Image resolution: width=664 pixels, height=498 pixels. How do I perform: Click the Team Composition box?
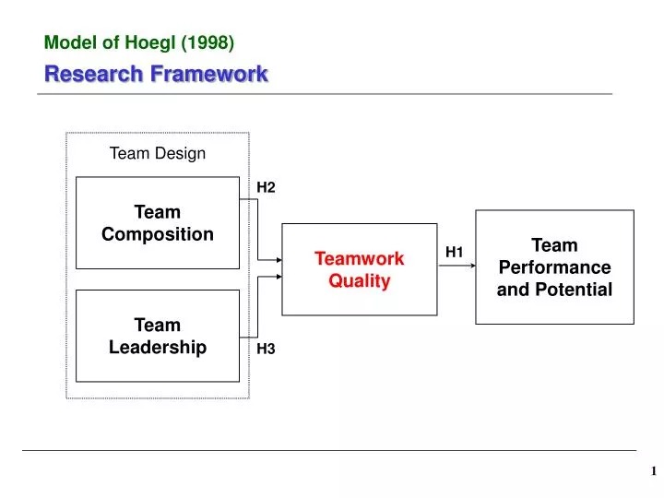(x=157, y=223)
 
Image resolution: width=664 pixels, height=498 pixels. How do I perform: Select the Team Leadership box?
(x=157, y=336)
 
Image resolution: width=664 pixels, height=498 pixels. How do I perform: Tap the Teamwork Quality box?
(x=359, y=269)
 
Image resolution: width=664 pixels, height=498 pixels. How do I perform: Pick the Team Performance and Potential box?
(x=554, y=267)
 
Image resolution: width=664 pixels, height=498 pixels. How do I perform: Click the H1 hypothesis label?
(x=455, y=252)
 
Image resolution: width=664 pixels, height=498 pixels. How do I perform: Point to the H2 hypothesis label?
(x=266, y=187)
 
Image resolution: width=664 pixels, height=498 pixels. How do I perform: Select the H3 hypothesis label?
(x=266, y=348)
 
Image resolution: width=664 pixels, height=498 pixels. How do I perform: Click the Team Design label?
(x=158, y=153)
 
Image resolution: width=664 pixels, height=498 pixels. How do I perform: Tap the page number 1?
(x=653, y=471)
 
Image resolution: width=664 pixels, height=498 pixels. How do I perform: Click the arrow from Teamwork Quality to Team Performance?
(x=456, y=266)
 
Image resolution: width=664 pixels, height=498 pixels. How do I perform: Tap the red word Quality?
(x=360, y=281)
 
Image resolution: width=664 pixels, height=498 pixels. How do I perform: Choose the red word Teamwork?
(x=360, y=259)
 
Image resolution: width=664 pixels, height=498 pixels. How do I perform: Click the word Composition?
(x=157, y=234)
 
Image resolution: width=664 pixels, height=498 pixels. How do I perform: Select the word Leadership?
(x=157, y=347)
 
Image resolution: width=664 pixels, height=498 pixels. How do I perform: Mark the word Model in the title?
(x=66, y=41)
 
